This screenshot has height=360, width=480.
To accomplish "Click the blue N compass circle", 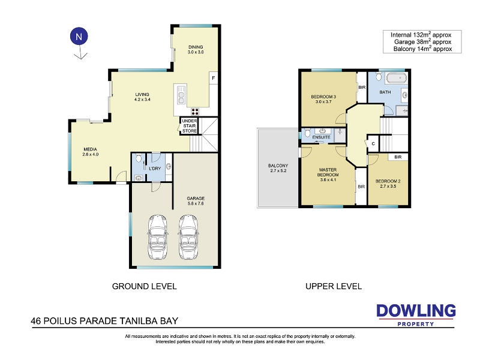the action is click(x=79, y=37).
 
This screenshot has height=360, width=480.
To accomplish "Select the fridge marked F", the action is click(x=214, y=78).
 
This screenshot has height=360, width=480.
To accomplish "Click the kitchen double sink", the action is click(x=181, y=95).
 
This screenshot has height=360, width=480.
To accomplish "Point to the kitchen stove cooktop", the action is click(x=195, y=112).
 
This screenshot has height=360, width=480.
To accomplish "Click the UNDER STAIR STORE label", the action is click(x=190, y=126).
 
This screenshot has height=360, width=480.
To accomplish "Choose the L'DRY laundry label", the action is click(x=155, y=169).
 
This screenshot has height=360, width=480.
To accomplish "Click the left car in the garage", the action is click(x=158, y=236).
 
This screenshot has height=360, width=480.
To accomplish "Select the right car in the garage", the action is click(x=188, y=236).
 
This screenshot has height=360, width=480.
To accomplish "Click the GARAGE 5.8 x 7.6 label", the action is click(x=196, y=201).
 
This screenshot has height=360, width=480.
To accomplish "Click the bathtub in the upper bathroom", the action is click(x=397, y=78).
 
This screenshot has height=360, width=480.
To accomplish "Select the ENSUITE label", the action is click(x=321, y=137).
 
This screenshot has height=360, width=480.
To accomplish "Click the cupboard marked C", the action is click(x=373, y=143).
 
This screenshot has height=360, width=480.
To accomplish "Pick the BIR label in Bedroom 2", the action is click(x=398, y=157).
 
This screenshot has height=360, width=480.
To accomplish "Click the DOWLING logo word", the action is click(x=416, y=311).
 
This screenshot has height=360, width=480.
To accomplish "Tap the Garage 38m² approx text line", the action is click(x=422, y=41).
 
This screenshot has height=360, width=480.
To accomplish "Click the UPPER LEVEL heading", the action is click(x=334, y=286).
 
